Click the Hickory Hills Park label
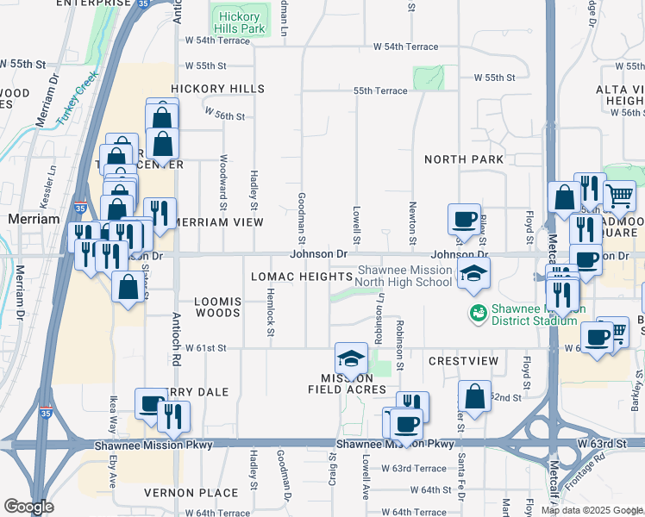point(240,22)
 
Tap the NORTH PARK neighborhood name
point(464,159)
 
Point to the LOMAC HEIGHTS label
point(301,277)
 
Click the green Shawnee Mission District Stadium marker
point(476,312)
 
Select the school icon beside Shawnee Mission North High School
point(473,274)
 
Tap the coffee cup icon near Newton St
point(464,218)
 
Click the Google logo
point(28,507)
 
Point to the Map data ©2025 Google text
point(591,510)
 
